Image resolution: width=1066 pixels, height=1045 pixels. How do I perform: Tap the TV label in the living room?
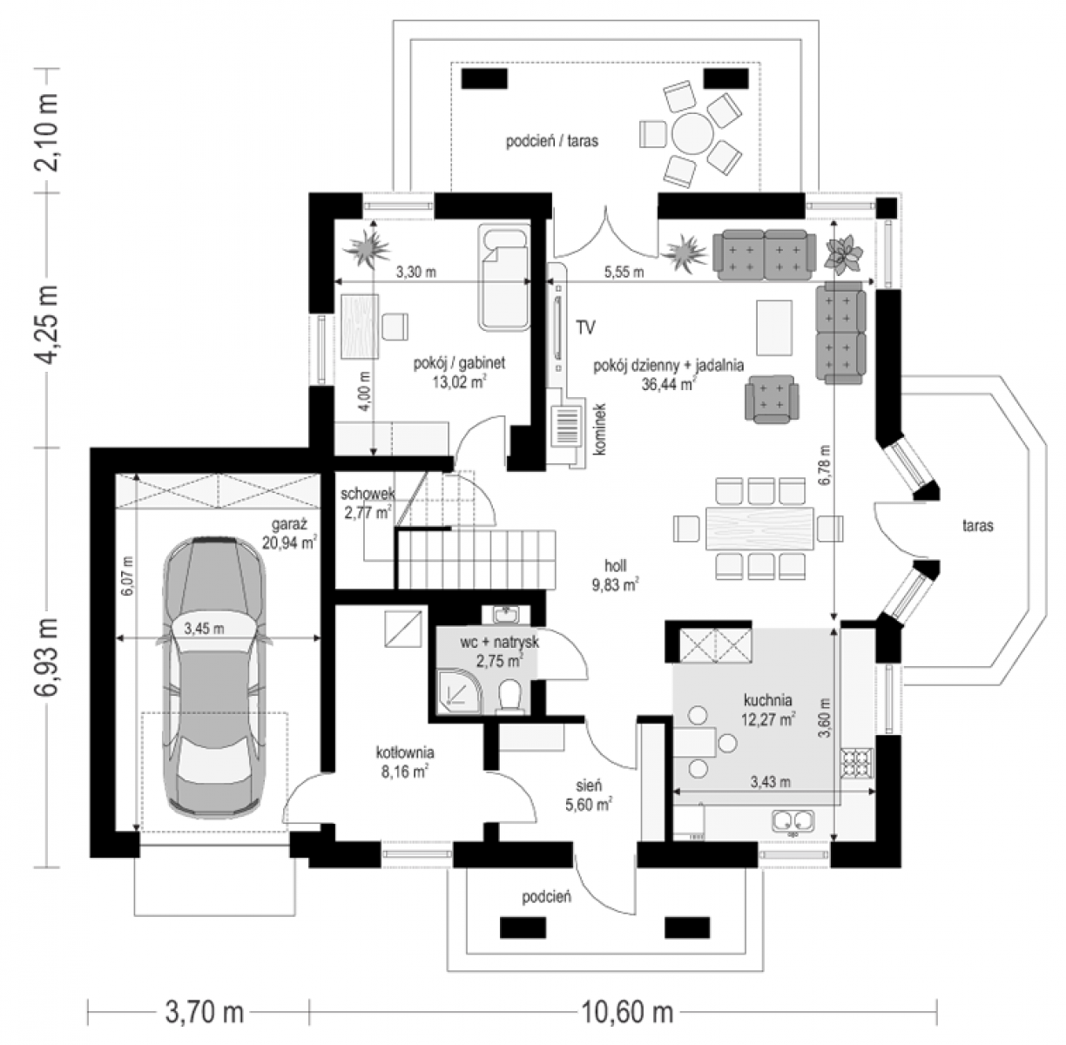[585, 327]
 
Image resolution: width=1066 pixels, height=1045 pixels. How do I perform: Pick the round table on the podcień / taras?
[692, 132]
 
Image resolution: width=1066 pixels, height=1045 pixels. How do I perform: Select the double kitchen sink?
[793, 820]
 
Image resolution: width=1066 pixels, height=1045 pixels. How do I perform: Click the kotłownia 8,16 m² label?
[405, 762]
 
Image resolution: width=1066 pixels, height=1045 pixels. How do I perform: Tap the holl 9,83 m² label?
[616, 575]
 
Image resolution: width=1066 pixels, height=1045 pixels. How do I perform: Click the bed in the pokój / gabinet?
[503, 277]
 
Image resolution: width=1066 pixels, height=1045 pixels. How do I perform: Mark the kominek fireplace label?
[600, 428]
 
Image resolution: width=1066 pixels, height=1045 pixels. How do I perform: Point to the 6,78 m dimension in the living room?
[825, 465]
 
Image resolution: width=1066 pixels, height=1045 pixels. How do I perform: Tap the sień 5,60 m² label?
[588, 795]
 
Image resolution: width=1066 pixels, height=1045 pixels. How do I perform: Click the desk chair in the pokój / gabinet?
[395, 326]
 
